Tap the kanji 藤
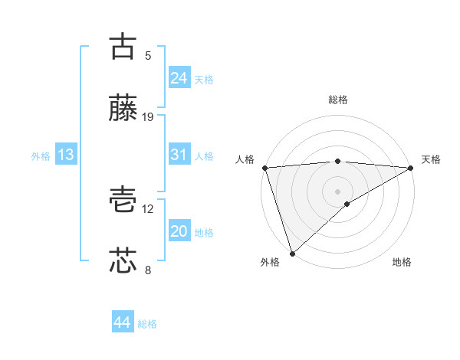pyautogui.click(x=123, y=108)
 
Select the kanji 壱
pyautogui.click(x=123, y=199)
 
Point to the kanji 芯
pyautogui.click(x=123, y=260)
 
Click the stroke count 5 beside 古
pyautogui.click(x=148, y=55)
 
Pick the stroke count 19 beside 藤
pyautogui.click(x=148, y=117)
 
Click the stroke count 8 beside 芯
pyautogui.click(x=148, y=270)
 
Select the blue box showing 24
pyautogui.click(x=179, y=78)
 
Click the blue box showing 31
pyautogui.click(x=179, y=155)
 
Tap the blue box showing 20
pyautogui.click(x=179, y=231)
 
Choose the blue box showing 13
pyautogui.click(x=66, y=155)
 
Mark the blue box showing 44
pyautogui.click(x=122, y=322)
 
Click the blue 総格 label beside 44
pyautogui.click(x=147, y=324)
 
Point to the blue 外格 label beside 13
pyautogui.click(x=41, y=155)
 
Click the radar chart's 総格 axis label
pyautogui.click(x=338, y=100)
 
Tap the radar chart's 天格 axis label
pyautogui.click(x=431, y=159)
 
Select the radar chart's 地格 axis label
pyautogui.click(x=402, y=263)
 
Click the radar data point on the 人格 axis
pyautogui.click(x=264, y=168)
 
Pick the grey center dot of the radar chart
pyautogui.click(x=338, y=191)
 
